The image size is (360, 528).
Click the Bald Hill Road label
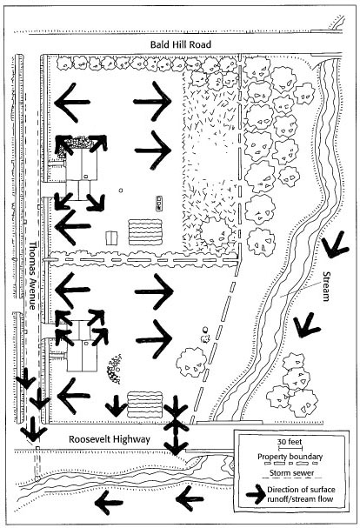click(181, 44)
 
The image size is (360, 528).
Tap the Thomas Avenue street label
click(32, 275)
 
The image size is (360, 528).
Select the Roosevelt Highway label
click(109, 439)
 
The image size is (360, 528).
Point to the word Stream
click(325, 286)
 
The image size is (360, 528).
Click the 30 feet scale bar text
click(290, 442)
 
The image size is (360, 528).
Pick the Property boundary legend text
click(290, 457)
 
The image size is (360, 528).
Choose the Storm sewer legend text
click(291, 473)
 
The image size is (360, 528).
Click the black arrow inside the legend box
click(256, 494)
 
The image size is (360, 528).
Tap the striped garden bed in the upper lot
click(145, 232)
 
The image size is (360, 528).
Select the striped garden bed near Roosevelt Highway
click(145, 404)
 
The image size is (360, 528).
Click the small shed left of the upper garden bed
click(111, 238)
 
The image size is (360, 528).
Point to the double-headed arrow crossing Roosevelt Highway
click(176, 425)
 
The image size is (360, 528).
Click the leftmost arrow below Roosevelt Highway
click(109, 503)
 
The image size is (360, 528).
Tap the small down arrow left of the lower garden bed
click(117, 405)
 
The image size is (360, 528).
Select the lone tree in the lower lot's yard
click(191, 362)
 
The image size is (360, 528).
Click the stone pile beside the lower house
click(115, 369)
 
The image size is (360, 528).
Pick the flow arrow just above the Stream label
click(335, 244)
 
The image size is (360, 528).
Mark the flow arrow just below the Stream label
click(306, 325)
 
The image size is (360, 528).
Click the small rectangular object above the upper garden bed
click(158, 204)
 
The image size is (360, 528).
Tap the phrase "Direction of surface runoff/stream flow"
click(301, 494)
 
